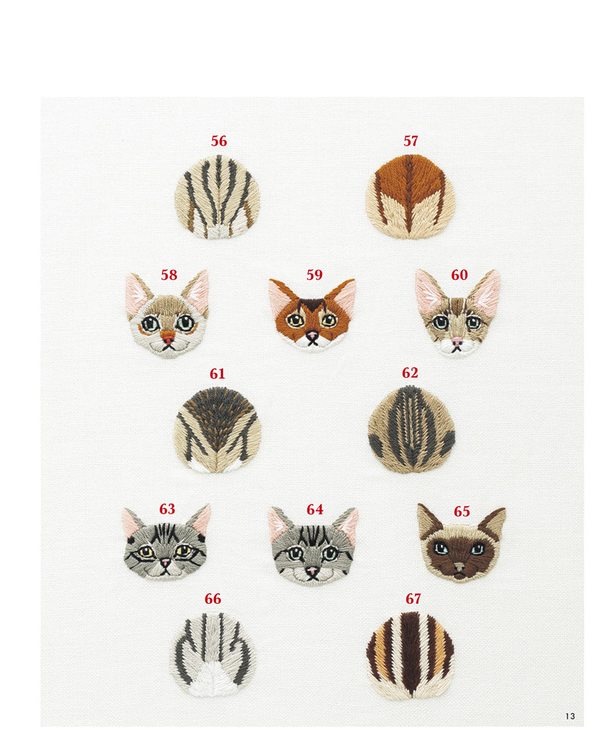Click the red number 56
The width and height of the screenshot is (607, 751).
click(x=219, y=141)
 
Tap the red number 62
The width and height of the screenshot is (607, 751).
click(x=410, y=372)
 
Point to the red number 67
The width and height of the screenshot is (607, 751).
click(x=413, y=599)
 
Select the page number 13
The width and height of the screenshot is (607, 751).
click(x=570, y=716)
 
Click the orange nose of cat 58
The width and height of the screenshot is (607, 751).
click(x=167, y=336)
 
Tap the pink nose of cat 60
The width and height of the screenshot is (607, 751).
click(x=458, y=341)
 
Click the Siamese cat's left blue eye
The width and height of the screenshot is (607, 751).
click(x=440, y=548)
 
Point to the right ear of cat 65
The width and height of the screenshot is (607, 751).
click(x=493, y=522)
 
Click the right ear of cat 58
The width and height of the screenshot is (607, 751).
click(x=197, y=291)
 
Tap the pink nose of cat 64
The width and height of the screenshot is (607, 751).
click(x=312, y=570)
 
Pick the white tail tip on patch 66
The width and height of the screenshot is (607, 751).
click(x=210, y=679)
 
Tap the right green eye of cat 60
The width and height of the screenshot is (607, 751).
click(x=473, y=322)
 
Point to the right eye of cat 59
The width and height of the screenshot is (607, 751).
click(x=329, y=319)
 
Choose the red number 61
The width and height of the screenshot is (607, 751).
click(x=218, y=373)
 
